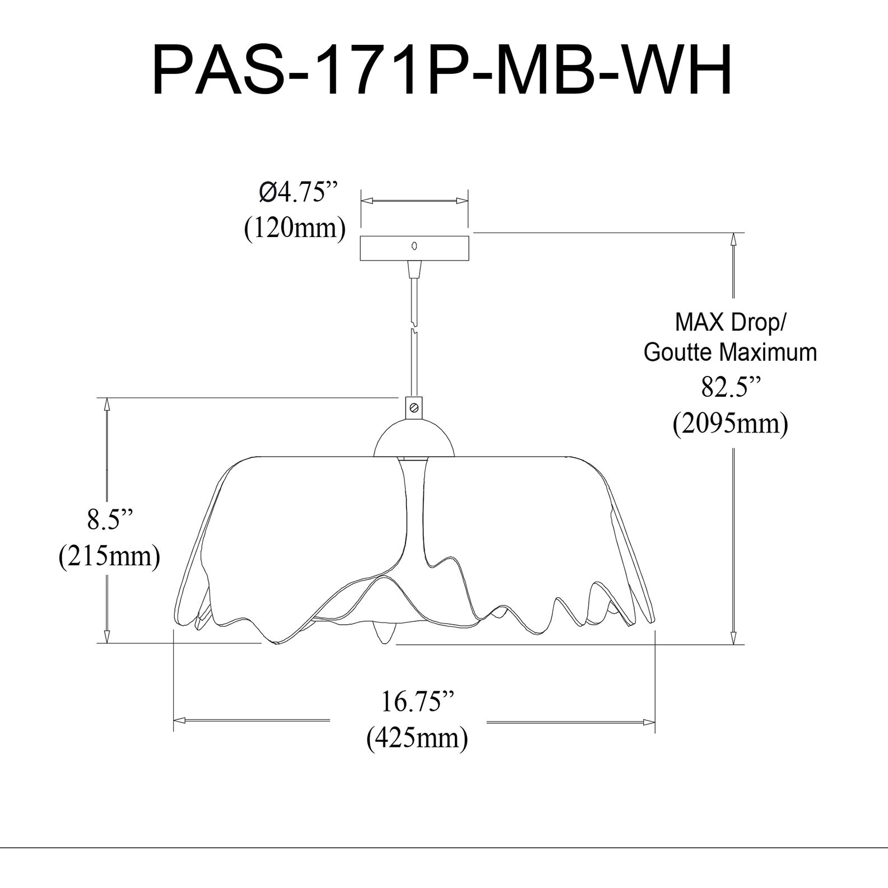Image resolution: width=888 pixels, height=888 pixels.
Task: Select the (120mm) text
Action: point(295,228)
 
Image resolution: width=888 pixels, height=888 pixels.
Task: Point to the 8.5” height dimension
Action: point(110,519)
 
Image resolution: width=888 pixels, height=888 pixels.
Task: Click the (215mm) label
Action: point(110,556)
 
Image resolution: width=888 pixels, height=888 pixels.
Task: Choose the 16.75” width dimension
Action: point(417,701)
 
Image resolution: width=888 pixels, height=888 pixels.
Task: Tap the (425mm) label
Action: point(417,738)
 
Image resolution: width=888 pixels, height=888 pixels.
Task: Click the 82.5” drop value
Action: point(731,387)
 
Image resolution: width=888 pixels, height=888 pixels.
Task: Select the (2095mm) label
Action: point(731,424)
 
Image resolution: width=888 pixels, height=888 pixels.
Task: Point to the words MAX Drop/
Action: point(731,323)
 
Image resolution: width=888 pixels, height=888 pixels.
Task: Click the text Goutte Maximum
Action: point(731,352)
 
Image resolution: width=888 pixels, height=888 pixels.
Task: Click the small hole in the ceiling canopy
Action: point(414,245)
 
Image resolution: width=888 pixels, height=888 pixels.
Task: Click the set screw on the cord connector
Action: point(414,407)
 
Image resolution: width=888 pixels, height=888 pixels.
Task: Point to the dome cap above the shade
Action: point(414,440)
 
